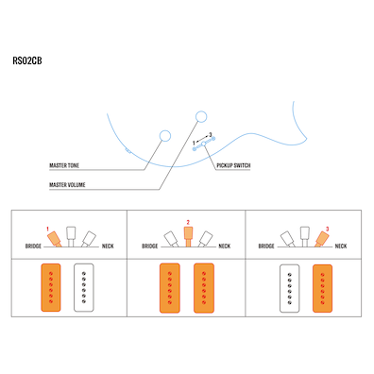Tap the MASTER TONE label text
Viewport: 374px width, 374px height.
click(64, 165)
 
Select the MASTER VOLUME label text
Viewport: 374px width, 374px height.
click(67, 184)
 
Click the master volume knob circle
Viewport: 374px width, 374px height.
click(199, 116)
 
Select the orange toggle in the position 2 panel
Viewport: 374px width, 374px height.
click(187, 234)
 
